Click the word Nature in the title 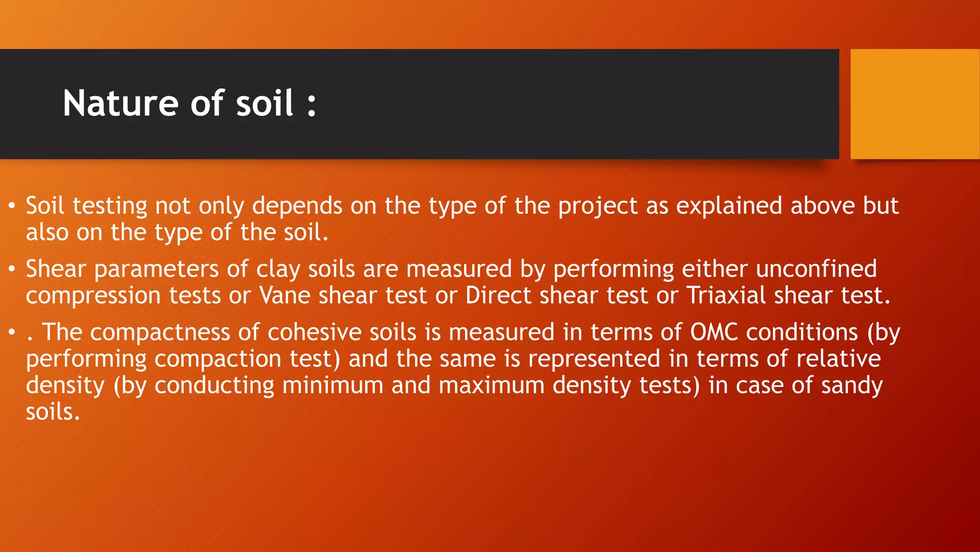click(x=121, y=103)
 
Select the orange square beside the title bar click(x=914, y=104)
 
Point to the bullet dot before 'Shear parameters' click(x=12, y=270)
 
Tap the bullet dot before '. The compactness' click(x=12, y=333)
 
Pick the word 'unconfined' click(x=816, y=269)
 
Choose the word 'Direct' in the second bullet click(x=498, y=296)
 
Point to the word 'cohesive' click(x=314, y=332)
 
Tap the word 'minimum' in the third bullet click(x=333, y=386)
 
